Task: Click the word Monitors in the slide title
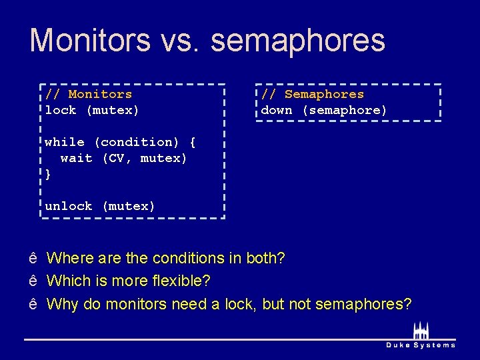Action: (x=90, y=40)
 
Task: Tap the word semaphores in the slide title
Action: (x=298, y=41)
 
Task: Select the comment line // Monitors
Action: (x=88, y=94)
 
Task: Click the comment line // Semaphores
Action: (x=312, y=94)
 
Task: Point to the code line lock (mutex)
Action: (x=91, y=110)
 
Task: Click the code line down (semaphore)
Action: (x=323, y=110)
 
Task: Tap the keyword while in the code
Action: (x=65, y=142)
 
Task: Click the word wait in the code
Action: (x=76, y=158)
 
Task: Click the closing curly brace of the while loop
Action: (x=48, y=174)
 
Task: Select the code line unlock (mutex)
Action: (x=99, y=206)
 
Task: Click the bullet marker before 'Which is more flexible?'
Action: (x=33, y=281)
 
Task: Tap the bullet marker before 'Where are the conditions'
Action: (x=33, y=258)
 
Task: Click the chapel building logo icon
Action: (x=421, y=330)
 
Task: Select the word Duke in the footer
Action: (x=398, y=345)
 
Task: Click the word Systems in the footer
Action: (x=435, y=345)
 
